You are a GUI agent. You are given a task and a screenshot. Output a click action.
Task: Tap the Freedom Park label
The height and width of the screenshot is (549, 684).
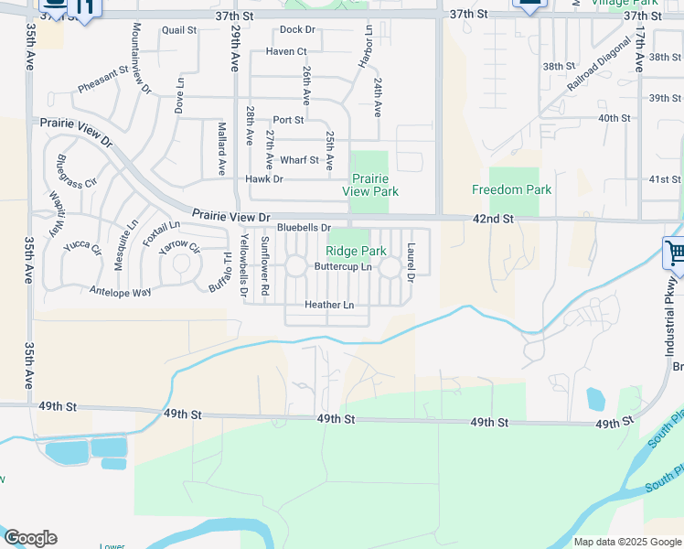point(511,189)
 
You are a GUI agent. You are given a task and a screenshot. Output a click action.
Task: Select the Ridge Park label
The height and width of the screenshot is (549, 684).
point(357,250)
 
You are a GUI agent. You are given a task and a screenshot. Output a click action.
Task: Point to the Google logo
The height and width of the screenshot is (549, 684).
point(29,538)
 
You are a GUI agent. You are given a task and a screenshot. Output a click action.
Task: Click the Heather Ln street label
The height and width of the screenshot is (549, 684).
point(329,305)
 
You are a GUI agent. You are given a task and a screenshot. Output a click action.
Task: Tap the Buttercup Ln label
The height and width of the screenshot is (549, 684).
point(343,266)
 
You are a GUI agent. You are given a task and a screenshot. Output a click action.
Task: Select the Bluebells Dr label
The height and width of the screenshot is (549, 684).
point(303,227)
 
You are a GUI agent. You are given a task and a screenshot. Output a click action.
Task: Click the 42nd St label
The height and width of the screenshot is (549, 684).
point(494,220)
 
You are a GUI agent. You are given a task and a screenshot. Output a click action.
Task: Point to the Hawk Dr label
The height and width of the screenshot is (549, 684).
point(264,178)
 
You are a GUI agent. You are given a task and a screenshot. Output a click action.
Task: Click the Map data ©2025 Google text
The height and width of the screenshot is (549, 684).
point(626,542)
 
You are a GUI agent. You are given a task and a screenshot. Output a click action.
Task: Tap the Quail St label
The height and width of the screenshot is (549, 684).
point(179,30)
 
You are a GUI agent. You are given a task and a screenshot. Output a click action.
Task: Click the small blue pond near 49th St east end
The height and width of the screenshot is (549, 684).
point(595,399)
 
